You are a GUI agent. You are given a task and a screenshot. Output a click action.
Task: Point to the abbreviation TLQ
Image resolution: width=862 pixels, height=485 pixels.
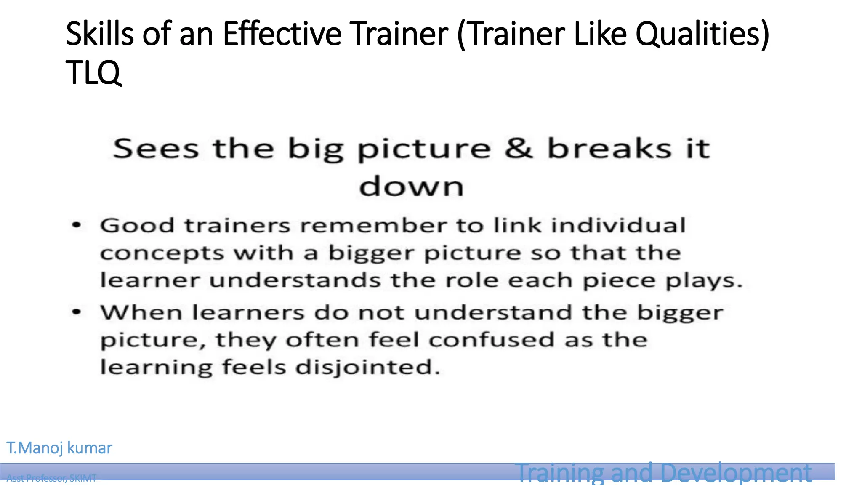click(93, 72)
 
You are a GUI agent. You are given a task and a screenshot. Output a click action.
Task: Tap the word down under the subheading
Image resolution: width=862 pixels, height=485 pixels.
click(411, 186)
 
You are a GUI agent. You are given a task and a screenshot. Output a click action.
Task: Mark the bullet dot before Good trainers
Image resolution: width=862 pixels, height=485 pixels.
click(76, 225)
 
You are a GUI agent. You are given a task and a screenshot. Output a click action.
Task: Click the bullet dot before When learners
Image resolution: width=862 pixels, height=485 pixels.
click(76, 312)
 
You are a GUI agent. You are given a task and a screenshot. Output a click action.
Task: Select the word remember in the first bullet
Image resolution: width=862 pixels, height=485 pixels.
click(373, 225)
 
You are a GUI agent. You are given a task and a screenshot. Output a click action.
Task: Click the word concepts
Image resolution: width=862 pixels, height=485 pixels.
click(162, 254)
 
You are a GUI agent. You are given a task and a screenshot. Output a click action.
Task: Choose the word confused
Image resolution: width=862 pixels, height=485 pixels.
click(491, 340)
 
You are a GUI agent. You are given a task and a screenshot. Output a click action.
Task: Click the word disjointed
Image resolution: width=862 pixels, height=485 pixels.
click(367, 368)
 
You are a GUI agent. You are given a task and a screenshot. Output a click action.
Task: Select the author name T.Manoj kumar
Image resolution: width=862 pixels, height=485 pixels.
click(59, 448)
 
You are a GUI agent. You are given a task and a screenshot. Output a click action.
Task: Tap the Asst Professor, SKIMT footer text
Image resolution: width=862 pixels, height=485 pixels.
click(51, 478)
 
